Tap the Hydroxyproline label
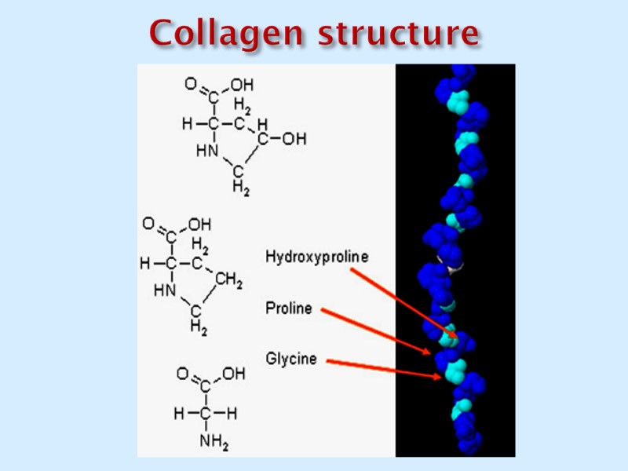click(316, 256)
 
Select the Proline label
click(288, 309)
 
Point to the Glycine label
click(291, 359)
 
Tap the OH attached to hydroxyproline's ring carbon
click(294, 139)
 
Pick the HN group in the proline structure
click(165, 291)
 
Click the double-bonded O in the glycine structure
click(181, 374)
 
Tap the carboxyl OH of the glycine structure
click(233, 374)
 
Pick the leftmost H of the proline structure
click(144, 264)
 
